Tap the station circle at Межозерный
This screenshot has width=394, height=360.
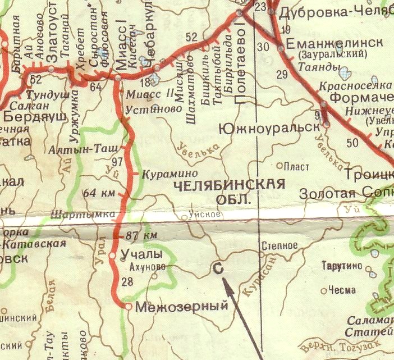128,307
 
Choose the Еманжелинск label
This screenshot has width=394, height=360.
335,44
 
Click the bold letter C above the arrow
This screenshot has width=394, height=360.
219,269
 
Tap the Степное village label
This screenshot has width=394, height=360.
279,245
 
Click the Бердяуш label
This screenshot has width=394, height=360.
35,116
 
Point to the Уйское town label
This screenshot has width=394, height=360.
201,215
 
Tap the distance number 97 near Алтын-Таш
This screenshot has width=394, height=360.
117,162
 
